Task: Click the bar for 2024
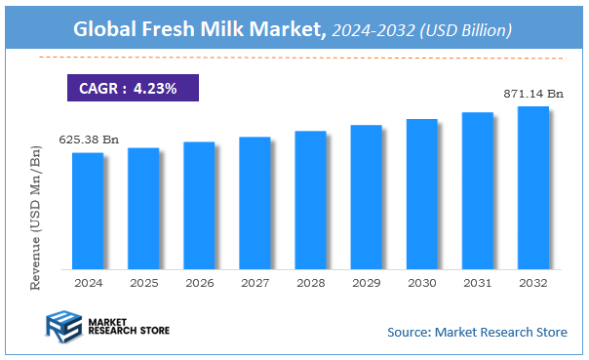(87, 211)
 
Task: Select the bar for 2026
(199, 206)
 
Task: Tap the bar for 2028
(310, 200)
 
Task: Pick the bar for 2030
(421, 194)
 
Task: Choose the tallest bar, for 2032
(532, 187)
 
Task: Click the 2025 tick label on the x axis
(143, 283)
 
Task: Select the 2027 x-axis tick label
(255, 283)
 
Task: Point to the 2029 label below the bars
(366, 283)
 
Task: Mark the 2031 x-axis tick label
(477, 283)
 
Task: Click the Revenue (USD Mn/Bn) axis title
(37, 217)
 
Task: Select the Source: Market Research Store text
(477, 333)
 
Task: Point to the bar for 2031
(477, 190)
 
